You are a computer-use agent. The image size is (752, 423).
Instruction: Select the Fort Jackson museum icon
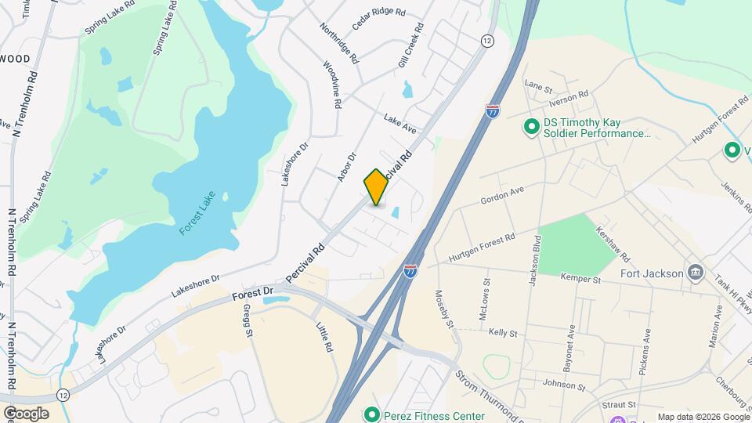pyautogui.click(x=695, y=273)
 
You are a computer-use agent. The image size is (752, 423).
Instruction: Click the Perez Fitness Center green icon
pyautogui.click(x=371, y=415)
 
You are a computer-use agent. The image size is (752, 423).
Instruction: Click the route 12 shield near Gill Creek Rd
pyautogui.click(x=487, y=41)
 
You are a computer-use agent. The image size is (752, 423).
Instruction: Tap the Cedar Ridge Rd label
pyautogui.click(x=378, y=18)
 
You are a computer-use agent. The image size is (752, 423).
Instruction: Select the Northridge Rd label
pyautogui.click(x=338, y=42)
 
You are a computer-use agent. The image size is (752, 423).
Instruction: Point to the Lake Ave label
pyautogui.click(x=399, y=123)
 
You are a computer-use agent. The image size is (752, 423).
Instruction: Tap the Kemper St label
pyautogui.click(x=580, y=277)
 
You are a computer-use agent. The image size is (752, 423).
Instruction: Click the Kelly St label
pyautogui.click(x=503, y=333)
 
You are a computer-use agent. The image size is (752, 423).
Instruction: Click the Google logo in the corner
pyautogui.click(x=25, y=414)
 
